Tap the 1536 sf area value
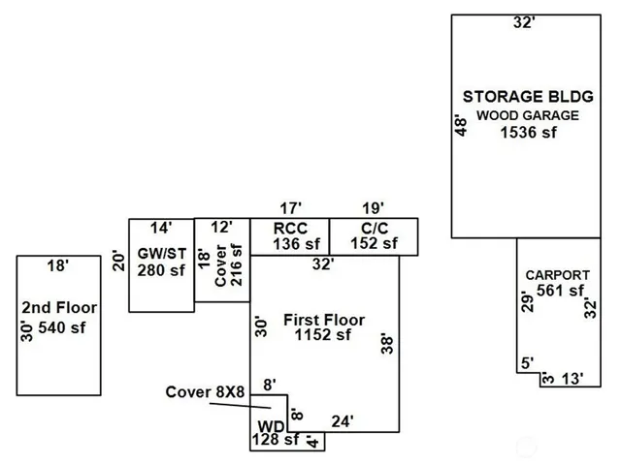point(529,133)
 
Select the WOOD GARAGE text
point(528,115)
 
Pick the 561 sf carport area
point(561,291)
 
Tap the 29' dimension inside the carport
point(527,302)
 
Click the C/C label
point(373,228)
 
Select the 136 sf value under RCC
point(290,243)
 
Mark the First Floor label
point(324,320)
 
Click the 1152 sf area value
point(324,336)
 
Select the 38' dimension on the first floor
point(386,344)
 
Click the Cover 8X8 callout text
point(204,392)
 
